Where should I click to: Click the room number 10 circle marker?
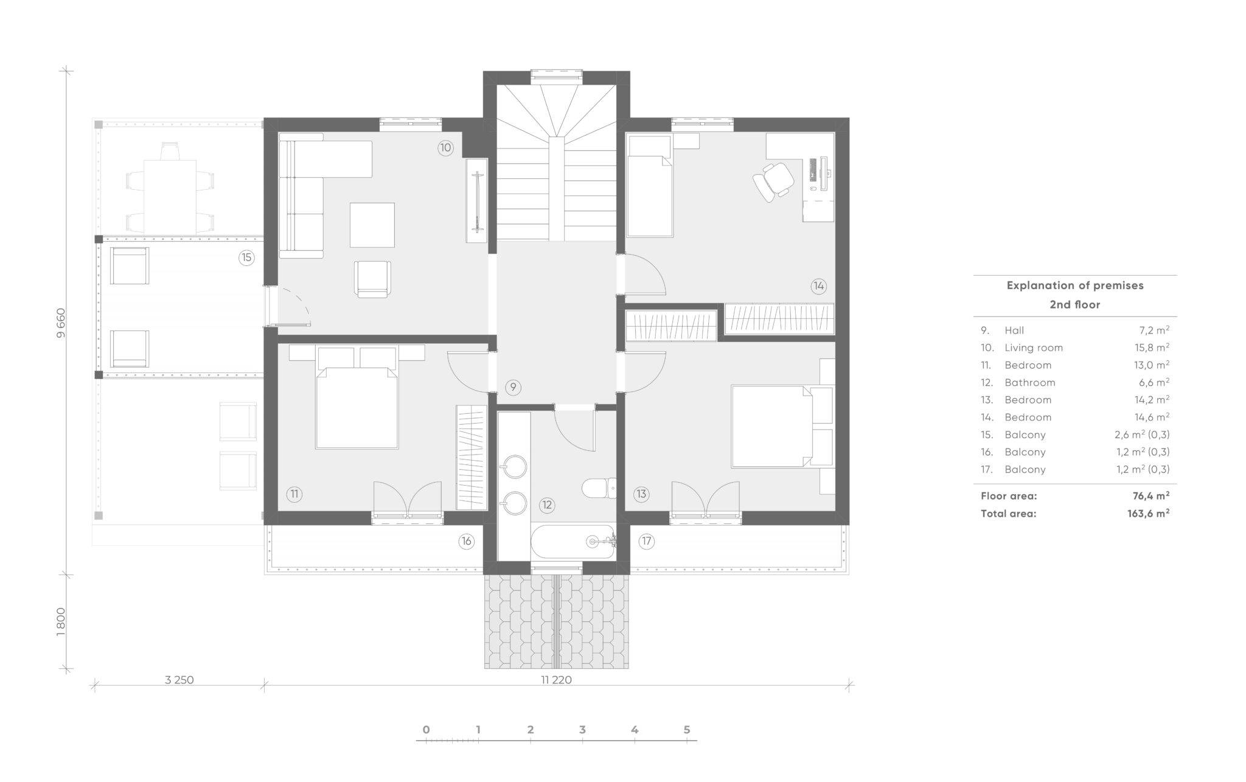tap(445, 148)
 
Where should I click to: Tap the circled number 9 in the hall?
tap(513, 387)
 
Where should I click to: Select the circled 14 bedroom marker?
tap(818, 285)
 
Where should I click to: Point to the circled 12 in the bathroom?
tap(546, 504)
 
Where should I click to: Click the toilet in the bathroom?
tap(599, 488)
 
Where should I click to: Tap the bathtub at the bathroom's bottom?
tap(573, 541)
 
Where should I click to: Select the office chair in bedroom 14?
tap(773, 181)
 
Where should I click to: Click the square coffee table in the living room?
tap(372, 225)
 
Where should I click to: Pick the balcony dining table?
tap(170, 196)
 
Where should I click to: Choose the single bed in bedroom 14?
tap(650, 186)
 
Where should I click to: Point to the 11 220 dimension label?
tap(556, 680)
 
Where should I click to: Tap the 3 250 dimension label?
tap(179, 680)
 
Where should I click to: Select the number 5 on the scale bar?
tap(687, 730)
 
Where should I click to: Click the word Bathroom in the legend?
tap(1029, 382)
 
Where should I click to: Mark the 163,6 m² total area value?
tap(1149, 513)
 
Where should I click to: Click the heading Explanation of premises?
tap(1075, 285)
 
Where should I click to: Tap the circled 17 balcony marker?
tap(646, 541)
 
